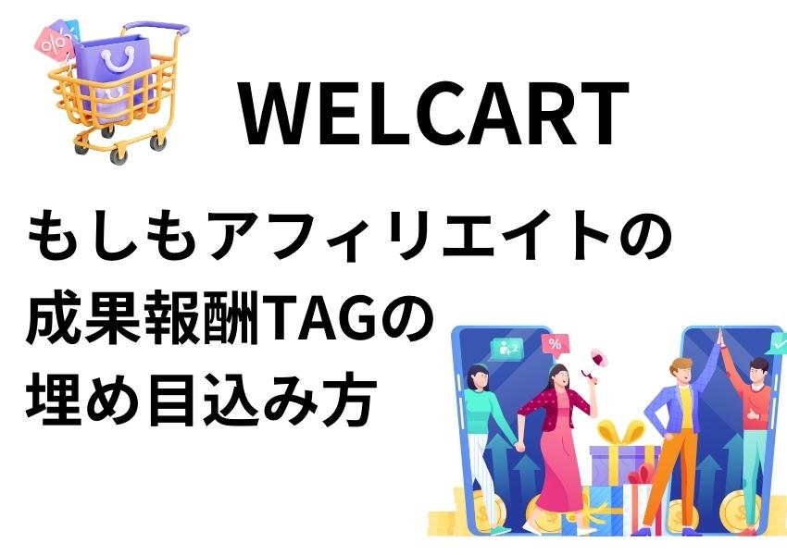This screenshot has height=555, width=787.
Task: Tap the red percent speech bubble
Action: pyautogui.click(x=555, y=345)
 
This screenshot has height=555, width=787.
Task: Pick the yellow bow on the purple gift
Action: pyautogui.click(x=620, y=433)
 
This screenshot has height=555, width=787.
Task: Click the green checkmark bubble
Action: pyautogui.click(x=778, y=344)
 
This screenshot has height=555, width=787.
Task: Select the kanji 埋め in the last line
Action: pyautogui.click(x=84, y=401)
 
